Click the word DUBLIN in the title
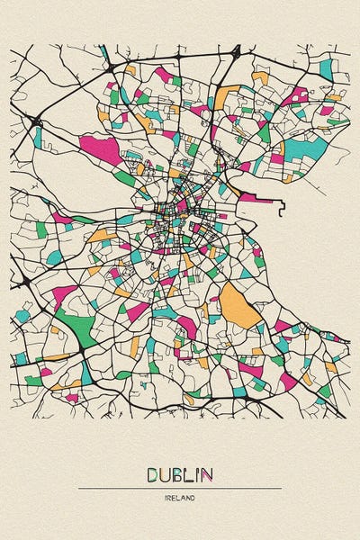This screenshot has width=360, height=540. pos(179,473)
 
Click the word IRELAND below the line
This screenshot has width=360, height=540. pos(180,497)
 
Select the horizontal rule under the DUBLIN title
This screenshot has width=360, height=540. pos(180,488)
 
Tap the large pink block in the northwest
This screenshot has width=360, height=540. pos(99,149)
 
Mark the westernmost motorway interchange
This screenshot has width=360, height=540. pos(35,120)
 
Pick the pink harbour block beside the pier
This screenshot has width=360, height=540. pos(248,197)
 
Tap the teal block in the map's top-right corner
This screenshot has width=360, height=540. pos(325,67)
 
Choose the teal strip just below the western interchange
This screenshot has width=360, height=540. pos(38,137)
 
